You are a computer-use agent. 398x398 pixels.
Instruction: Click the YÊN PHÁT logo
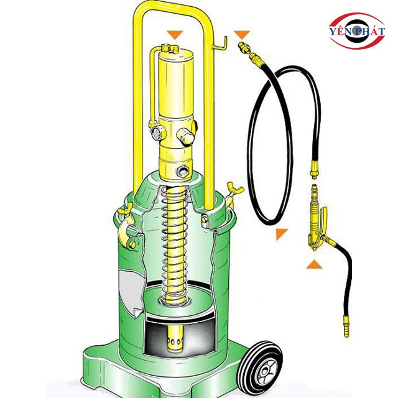357,30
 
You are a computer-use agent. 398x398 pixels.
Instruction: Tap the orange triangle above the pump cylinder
175,34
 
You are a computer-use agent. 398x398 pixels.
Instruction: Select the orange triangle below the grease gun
314,264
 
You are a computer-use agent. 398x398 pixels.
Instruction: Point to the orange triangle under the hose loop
280,233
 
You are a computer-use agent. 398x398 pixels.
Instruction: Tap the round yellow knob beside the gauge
187,137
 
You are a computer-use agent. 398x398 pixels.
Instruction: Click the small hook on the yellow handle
220,44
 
